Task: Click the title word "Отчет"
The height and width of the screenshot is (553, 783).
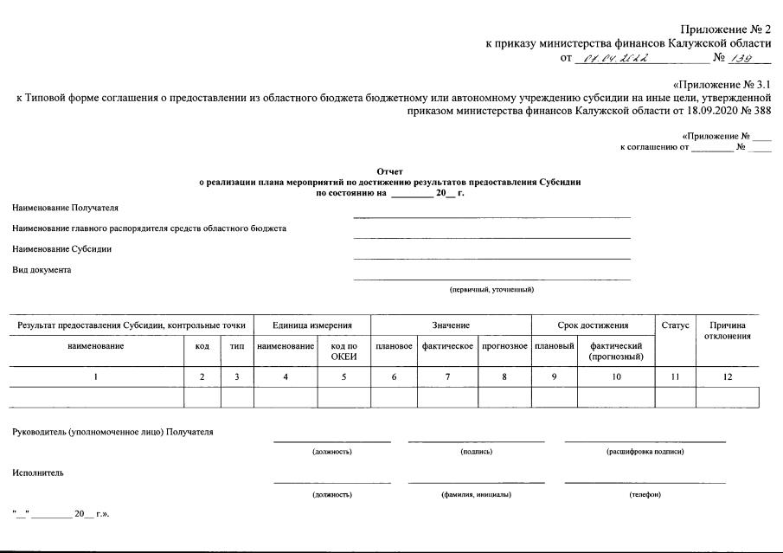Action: click(390, 171)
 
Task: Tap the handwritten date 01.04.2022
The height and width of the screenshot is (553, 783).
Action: click(617, 59)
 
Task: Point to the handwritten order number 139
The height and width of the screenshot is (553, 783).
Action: click(741, 59)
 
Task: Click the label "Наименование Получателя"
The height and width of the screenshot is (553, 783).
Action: click(66, 208)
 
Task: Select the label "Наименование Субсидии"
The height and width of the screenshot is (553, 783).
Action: click(61, 249)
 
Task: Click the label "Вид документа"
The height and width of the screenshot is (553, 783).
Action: click(42, 270)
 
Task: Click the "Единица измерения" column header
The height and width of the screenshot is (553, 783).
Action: click(311, 325)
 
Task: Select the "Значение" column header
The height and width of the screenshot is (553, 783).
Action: click(451, 325)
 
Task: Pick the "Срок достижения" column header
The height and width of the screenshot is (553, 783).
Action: click(593, 325)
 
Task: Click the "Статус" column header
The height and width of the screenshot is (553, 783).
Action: click(675, 325)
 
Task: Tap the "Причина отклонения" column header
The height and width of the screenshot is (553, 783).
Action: click(727, 331)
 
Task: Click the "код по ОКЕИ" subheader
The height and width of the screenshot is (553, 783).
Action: click(343, 351)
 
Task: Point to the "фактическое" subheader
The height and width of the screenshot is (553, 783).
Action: click(447, 346)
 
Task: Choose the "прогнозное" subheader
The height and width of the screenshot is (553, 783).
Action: click(504, 346)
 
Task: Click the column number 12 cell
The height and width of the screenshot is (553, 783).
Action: click(727, 377)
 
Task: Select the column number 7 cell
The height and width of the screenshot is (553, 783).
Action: click(447, 377)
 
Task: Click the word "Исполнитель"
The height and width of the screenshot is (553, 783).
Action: click(38, 473)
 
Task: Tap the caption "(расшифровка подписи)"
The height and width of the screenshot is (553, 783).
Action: click(645, 452)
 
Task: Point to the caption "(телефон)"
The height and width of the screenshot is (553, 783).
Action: click(645, 494)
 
